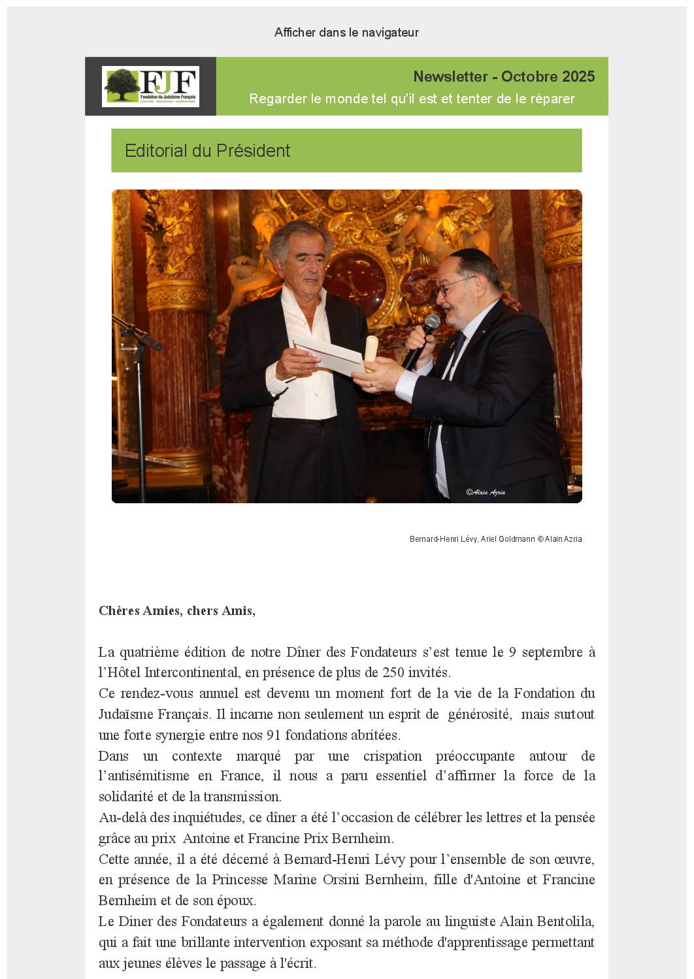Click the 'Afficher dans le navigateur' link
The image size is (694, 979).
pos(346,33)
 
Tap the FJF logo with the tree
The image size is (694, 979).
pos(151,86)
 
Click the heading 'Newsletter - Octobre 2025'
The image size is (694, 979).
pos(503,76)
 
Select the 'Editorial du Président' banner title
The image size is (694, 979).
pos(207,151)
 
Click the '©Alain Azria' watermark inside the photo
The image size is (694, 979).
pos(485,492)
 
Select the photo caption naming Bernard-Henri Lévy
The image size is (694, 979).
pos(495,539)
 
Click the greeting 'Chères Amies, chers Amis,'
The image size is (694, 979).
pos(177,610)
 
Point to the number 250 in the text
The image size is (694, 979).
pos(393,672)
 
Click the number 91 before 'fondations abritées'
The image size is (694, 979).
pos(274,735)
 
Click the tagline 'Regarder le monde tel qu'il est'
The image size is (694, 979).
pos(412,99)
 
